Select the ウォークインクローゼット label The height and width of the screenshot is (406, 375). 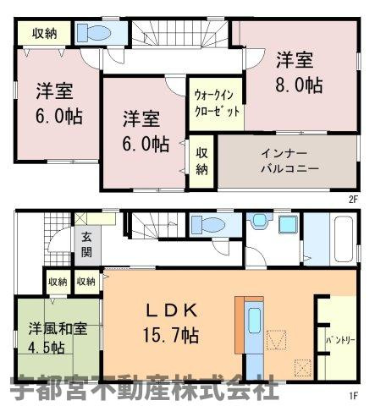[215, 103]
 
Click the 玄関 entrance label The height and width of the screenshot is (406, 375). [87, 244]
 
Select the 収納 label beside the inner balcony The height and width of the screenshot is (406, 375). [201, 161]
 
